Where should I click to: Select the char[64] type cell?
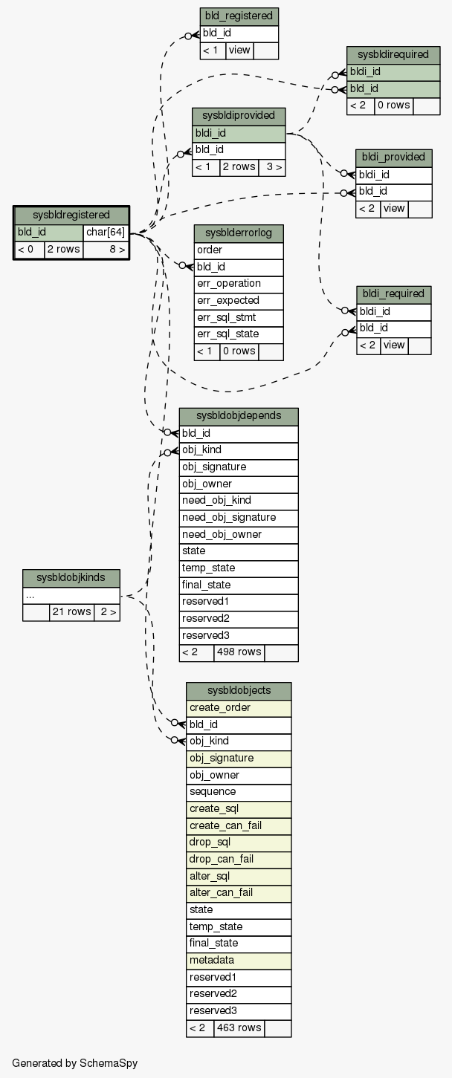click(106, 233)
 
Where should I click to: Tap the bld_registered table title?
click(239, 16)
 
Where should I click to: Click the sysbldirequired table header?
click(393, 55)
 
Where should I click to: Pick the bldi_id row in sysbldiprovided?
click(239, 134)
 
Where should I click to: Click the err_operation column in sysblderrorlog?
click(239, 284)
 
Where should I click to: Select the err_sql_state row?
click(239, 334)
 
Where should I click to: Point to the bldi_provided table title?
click(393, 158)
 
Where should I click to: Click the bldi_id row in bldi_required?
click(393, 311)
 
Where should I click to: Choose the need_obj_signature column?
click(239, 517)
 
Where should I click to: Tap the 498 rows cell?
click(239, 652)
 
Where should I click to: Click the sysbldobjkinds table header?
click(71, 578)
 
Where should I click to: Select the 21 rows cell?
click(71, 612)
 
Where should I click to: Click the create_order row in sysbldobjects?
click(239, 708)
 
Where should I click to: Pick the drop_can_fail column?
click(239, 859)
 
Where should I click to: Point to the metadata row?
click(239, 960)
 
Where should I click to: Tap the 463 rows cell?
click(239, 1027)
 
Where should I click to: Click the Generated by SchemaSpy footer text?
click(75, 1063)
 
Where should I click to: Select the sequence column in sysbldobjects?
click(239, 792)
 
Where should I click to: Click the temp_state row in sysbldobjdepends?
click(239, 568)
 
